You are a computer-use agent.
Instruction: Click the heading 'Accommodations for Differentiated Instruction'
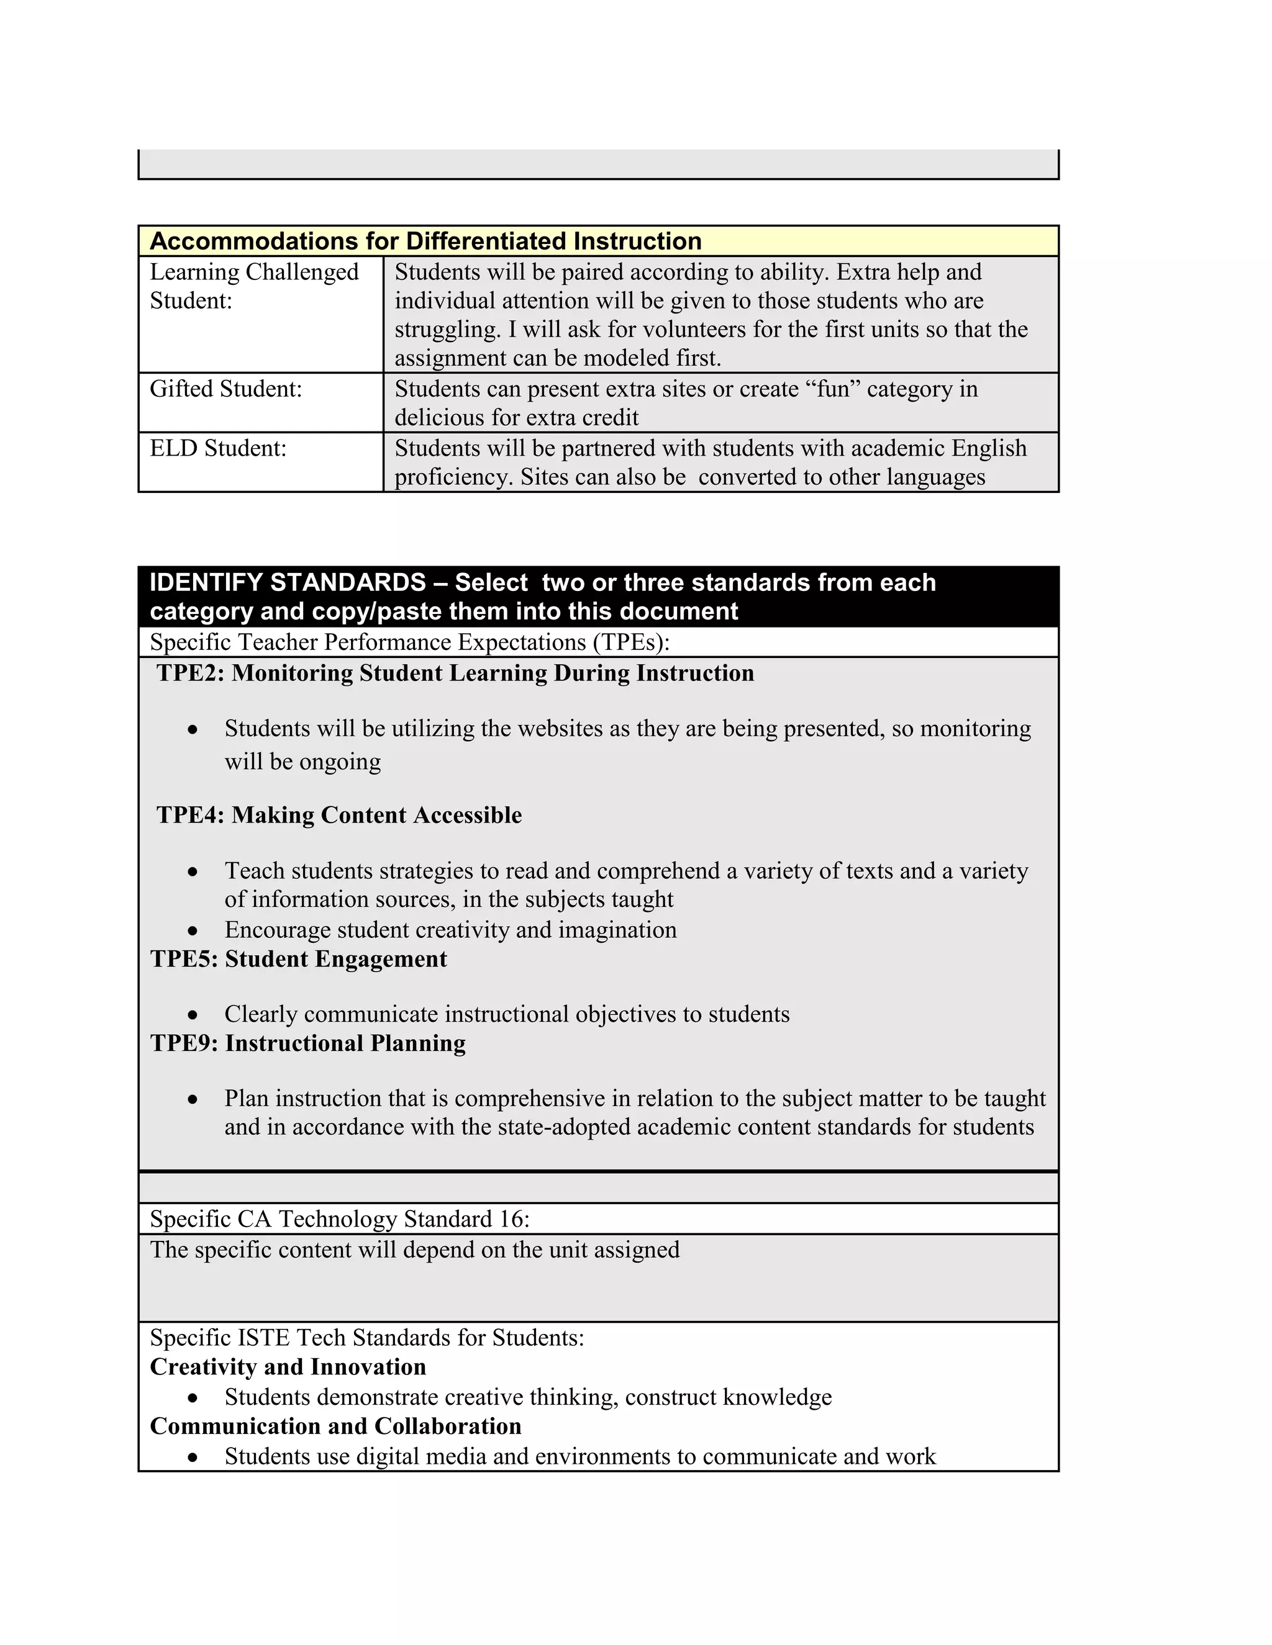425,241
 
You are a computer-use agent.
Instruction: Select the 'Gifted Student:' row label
225,389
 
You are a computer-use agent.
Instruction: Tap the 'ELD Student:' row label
218,448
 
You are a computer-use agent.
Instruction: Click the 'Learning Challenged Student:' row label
254,286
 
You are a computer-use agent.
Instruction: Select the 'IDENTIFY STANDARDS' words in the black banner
288,582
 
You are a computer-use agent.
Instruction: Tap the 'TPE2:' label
191,673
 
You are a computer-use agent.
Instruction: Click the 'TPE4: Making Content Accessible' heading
339,815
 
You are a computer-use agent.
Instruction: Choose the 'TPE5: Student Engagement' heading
298,959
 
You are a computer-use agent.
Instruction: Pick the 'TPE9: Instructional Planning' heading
307,1043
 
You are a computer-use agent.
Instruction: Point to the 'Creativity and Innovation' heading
288,1367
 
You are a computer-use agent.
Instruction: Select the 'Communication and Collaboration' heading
335,1426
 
